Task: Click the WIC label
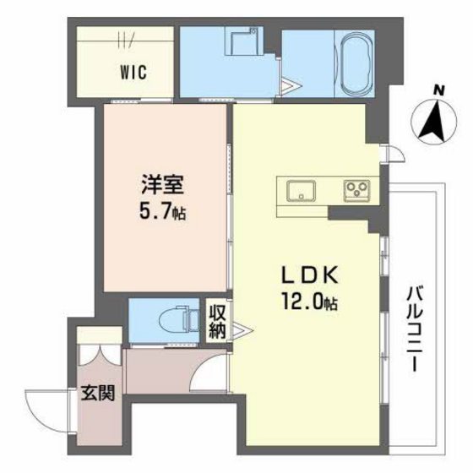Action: [x=133, y=72]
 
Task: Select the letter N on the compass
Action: [x=438, y=90]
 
